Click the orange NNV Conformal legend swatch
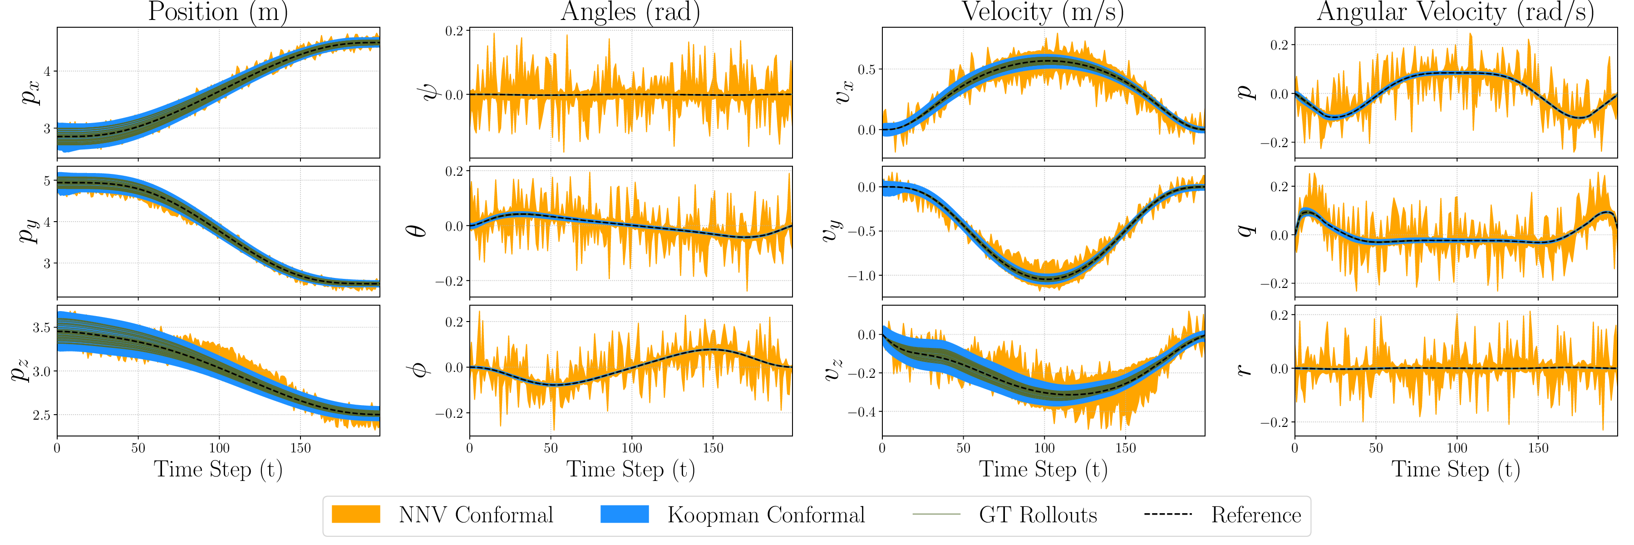(356, 514)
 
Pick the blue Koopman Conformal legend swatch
(625, 514)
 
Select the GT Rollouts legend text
(1038, 515)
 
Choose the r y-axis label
(1245, 370)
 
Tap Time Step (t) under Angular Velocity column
(1455, 470)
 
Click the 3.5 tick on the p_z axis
(42, 328)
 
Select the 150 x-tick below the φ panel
(713, 448)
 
